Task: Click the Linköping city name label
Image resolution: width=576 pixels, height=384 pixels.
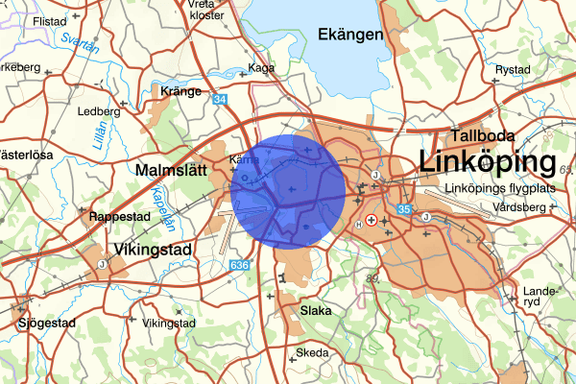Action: (489, 160)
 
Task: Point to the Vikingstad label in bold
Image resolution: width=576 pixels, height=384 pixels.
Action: (153, 250)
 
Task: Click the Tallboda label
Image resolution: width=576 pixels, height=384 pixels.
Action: (486, 134)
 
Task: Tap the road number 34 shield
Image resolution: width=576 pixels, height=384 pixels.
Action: (221, 99)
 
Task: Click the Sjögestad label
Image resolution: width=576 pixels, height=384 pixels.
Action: (45, 324)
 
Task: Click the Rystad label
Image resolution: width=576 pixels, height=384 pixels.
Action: (512, 70)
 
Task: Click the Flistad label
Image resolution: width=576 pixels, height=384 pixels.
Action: (44, 19)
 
